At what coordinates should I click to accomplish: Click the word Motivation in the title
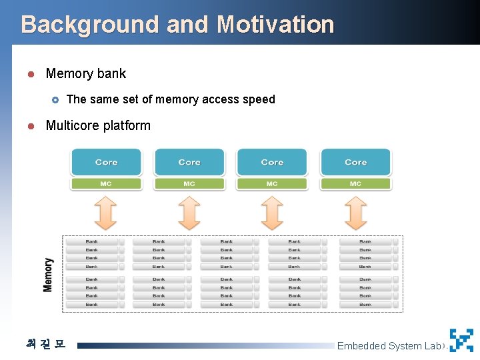pyautogui.click(x=275, y=25)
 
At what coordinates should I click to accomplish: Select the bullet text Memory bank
pyautogui.click(x=85, y=73)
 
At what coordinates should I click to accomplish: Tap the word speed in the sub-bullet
pyautogui.click(x=259, y=99)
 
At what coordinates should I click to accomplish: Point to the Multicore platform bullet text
pyautogui.click(x=98, y=125)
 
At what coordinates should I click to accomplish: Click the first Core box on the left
pyautogui.click(x=106, y=162)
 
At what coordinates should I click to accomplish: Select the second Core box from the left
pyautogui.click(x=189, y=162)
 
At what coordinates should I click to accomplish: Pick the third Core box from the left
pyautogui.click(x=272, y=162)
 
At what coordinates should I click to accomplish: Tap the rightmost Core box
pyautogui.click(x=355, y=162)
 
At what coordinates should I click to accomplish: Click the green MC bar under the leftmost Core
pyautogui.click(x=106, y=183)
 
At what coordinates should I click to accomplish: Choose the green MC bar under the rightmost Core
pyautogui.click(x=355, y=183)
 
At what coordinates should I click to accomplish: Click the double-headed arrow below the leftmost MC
pyautogui.click(x=106, y=213)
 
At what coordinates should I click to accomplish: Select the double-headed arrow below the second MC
pyautogui.click(x=189, y=213)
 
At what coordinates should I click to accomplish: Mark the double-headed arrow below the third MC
pyautogui.click(x=272, y=213)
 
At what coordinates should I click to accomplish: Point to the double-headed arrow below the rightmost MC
pyautogui.click(x=355, y=213)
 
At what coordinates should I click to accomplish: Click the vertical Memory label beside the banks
pyautogui.click(x=48, y=274)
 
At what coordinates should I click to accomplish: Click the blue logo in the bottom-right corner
pyautogui.click(x=461, y=340)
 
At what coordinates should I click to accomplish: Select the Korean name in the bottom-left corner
pyautogui.click(x=45, y=344)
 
